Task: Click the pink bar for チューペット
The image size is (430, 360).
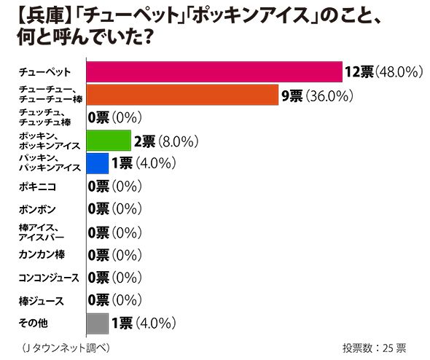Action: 214,71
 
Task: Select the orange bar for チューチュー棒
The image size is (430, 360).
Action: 182,95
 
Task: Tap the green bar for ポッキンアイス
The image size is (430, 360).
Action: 109,140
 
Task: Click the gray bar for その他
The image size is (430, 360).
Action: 97,322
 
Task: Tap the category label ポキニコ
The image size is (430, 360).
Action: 37,187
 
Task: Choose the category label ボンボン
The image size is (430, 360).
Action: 37,209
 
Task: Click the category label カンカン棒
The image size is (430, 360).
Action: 41,254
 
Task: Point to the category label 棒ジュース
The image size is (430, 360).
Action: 41,300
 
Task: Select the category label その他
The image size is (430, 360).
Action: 34,322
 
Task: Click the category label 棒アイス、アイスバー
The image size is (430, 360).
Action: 42,232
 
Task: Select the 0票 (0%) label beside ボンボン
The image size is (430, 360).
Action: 114,209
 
